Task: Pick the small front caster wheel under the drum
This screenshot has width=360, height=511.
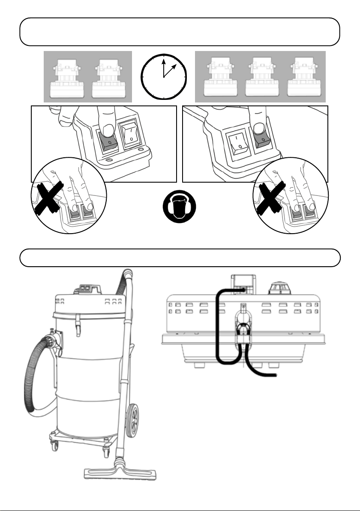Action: tap(54, 447)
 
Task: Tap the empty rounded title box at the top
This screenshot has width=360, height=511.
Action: tap(180, 32)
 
